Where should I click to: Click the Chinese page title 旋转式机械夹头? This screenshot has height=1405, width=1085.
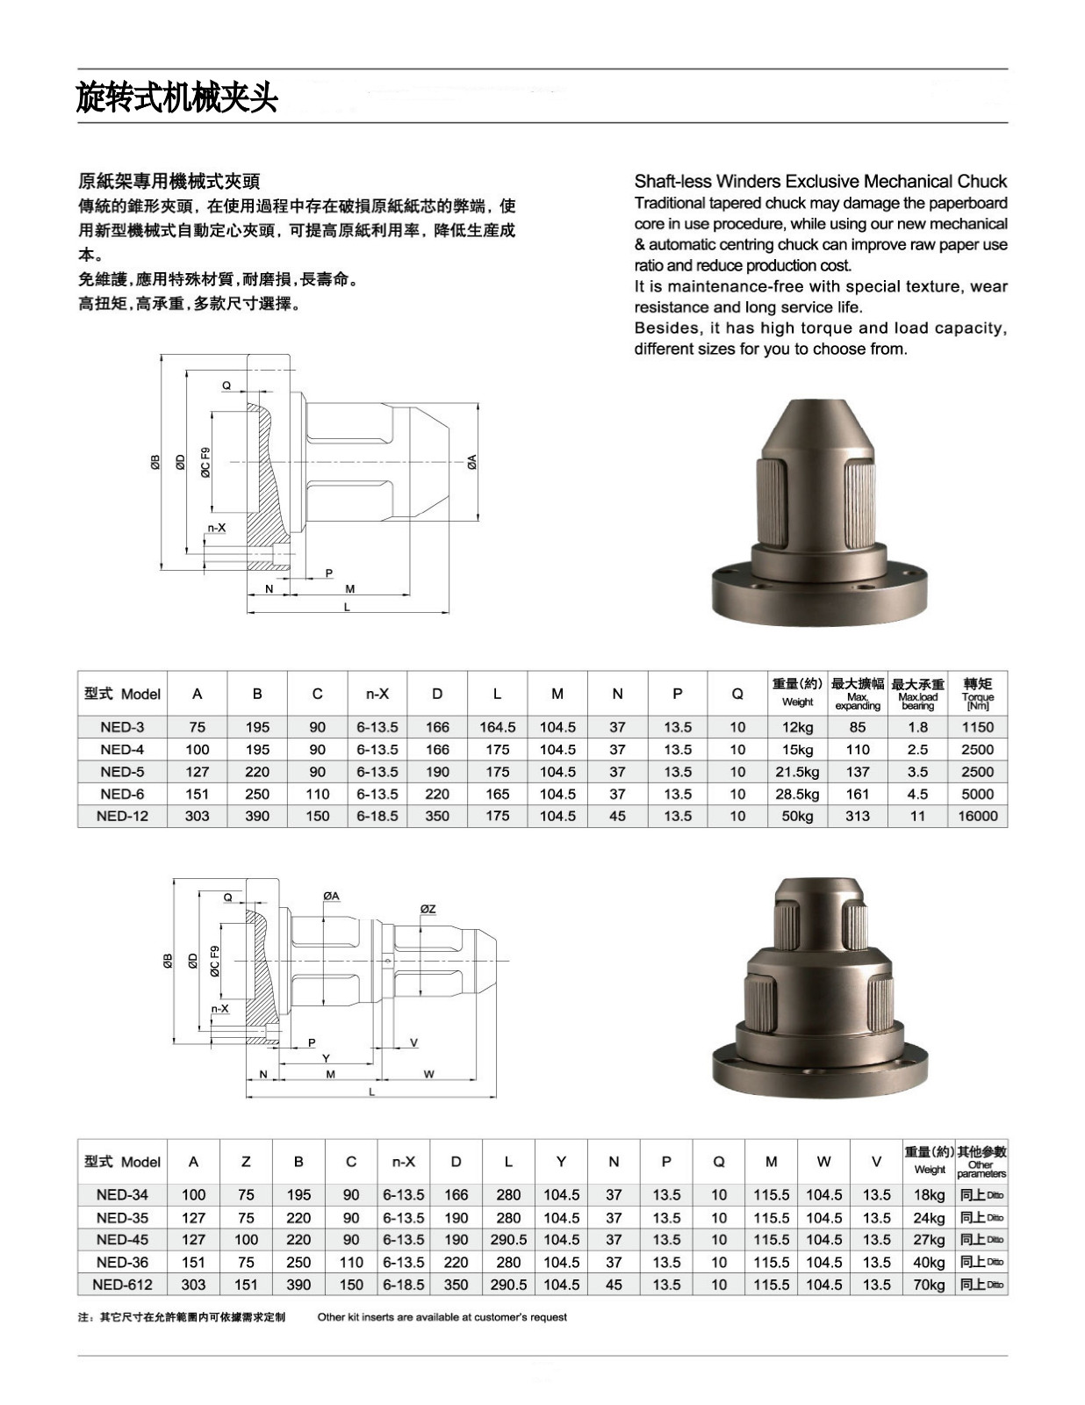point(176,97)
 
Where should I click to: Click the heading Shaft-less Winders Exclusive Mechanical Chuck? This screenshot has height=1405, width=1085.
point(820,182)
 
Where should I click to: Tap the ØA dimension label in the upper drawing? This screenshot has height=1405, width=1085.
point(471,462)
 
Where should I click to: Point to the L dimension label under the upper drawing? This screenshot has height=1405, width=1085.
point(347,607)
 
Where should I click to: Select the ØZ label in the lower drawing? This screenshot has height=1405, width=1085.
point(428,909)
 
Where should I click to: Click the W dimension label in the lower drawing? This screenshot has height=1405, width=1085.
point(428,1074)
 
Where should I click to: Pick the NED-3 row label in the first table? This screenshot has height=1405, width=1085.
point(122,727)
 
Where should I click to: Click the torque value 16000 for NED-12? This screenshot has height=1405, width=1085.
point(977,816)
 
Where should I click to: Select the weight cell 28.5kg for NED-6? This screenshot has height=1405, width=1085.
point(797,794)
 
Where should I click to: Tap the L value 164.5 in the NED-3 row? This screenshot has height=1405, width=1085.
point(497,727)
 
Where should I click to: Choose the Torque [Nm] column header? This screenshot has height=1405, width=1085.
point(977,693)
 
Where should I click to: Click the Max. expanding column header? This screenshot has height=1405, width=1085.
point(858,693)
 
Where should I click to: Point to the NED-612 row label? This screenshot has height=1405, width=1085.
point(122,1285)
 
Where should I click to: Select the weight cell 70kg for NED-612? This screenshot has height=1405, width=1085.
point(929,1285)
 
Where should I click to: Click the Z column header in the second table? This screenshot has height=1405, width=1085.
point(246,1162)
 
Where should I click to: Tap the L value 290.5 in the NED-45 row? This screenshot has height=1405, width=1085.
point(508,1240)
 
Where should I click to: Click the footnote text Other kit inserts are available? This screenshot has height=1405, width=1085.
point(442,1317)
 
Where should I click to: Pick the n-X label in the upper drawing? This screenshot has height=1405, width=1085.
point(216,528)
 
